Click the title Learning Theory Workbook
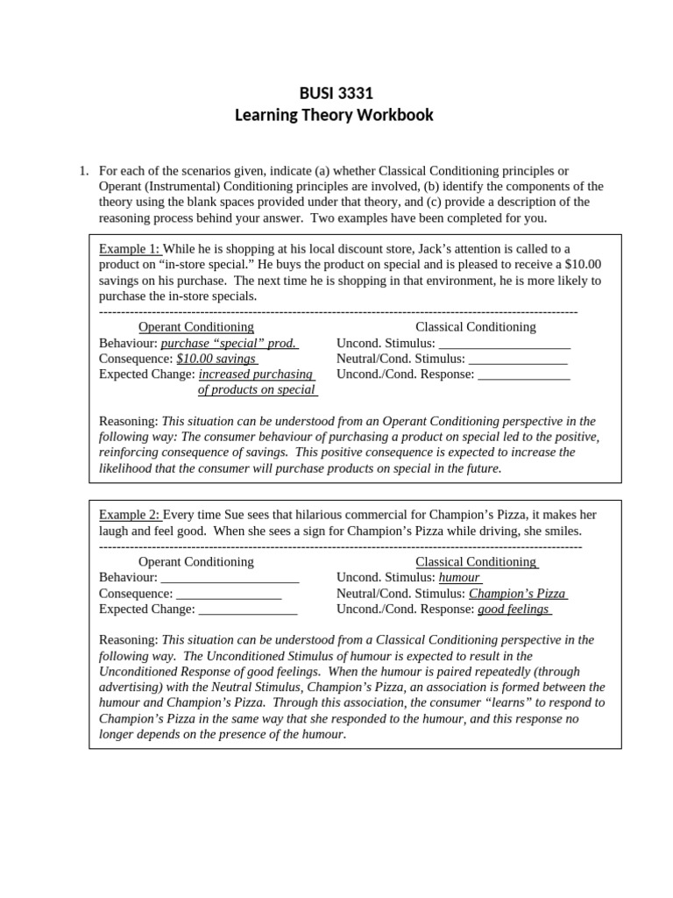tap(334, 116)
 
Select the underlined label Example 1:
tap(130, 249)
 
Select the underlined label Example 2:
tap(130, 515)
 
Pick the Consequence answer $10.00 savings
tap(216, 359)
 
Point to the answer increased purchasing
tap(256, 374)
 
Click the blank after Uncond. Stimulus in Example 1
tap(504, 343)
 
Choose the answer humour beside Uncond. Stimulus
tap(460, 578)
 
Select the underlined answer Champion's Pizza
tap(517, 594)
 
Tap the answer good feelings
tap(514, 609)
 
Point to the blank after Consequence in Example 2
tap(229, 594)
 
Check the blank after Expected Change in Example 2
tap(248, 609)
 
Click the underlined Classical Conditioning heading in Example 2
tap(476, 562)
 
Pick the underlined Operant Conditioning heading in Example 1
tap(196, 327)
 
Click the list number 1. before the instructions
tap(84, 170)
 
